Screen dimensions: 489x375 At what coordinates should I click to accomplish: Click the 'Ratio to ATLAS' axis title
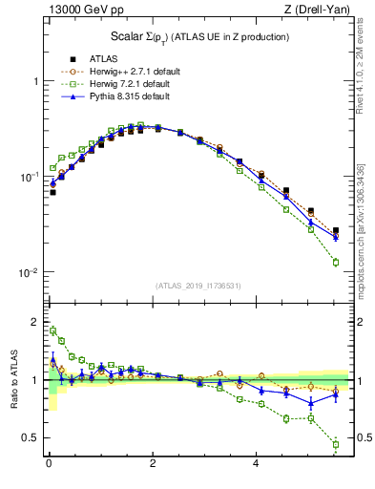pyautogui.click(x=13, y=379)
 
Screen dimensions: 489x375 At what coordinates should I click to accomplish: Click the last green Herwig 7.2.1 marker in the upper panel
pyautogui.click(x=336, y=262)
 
